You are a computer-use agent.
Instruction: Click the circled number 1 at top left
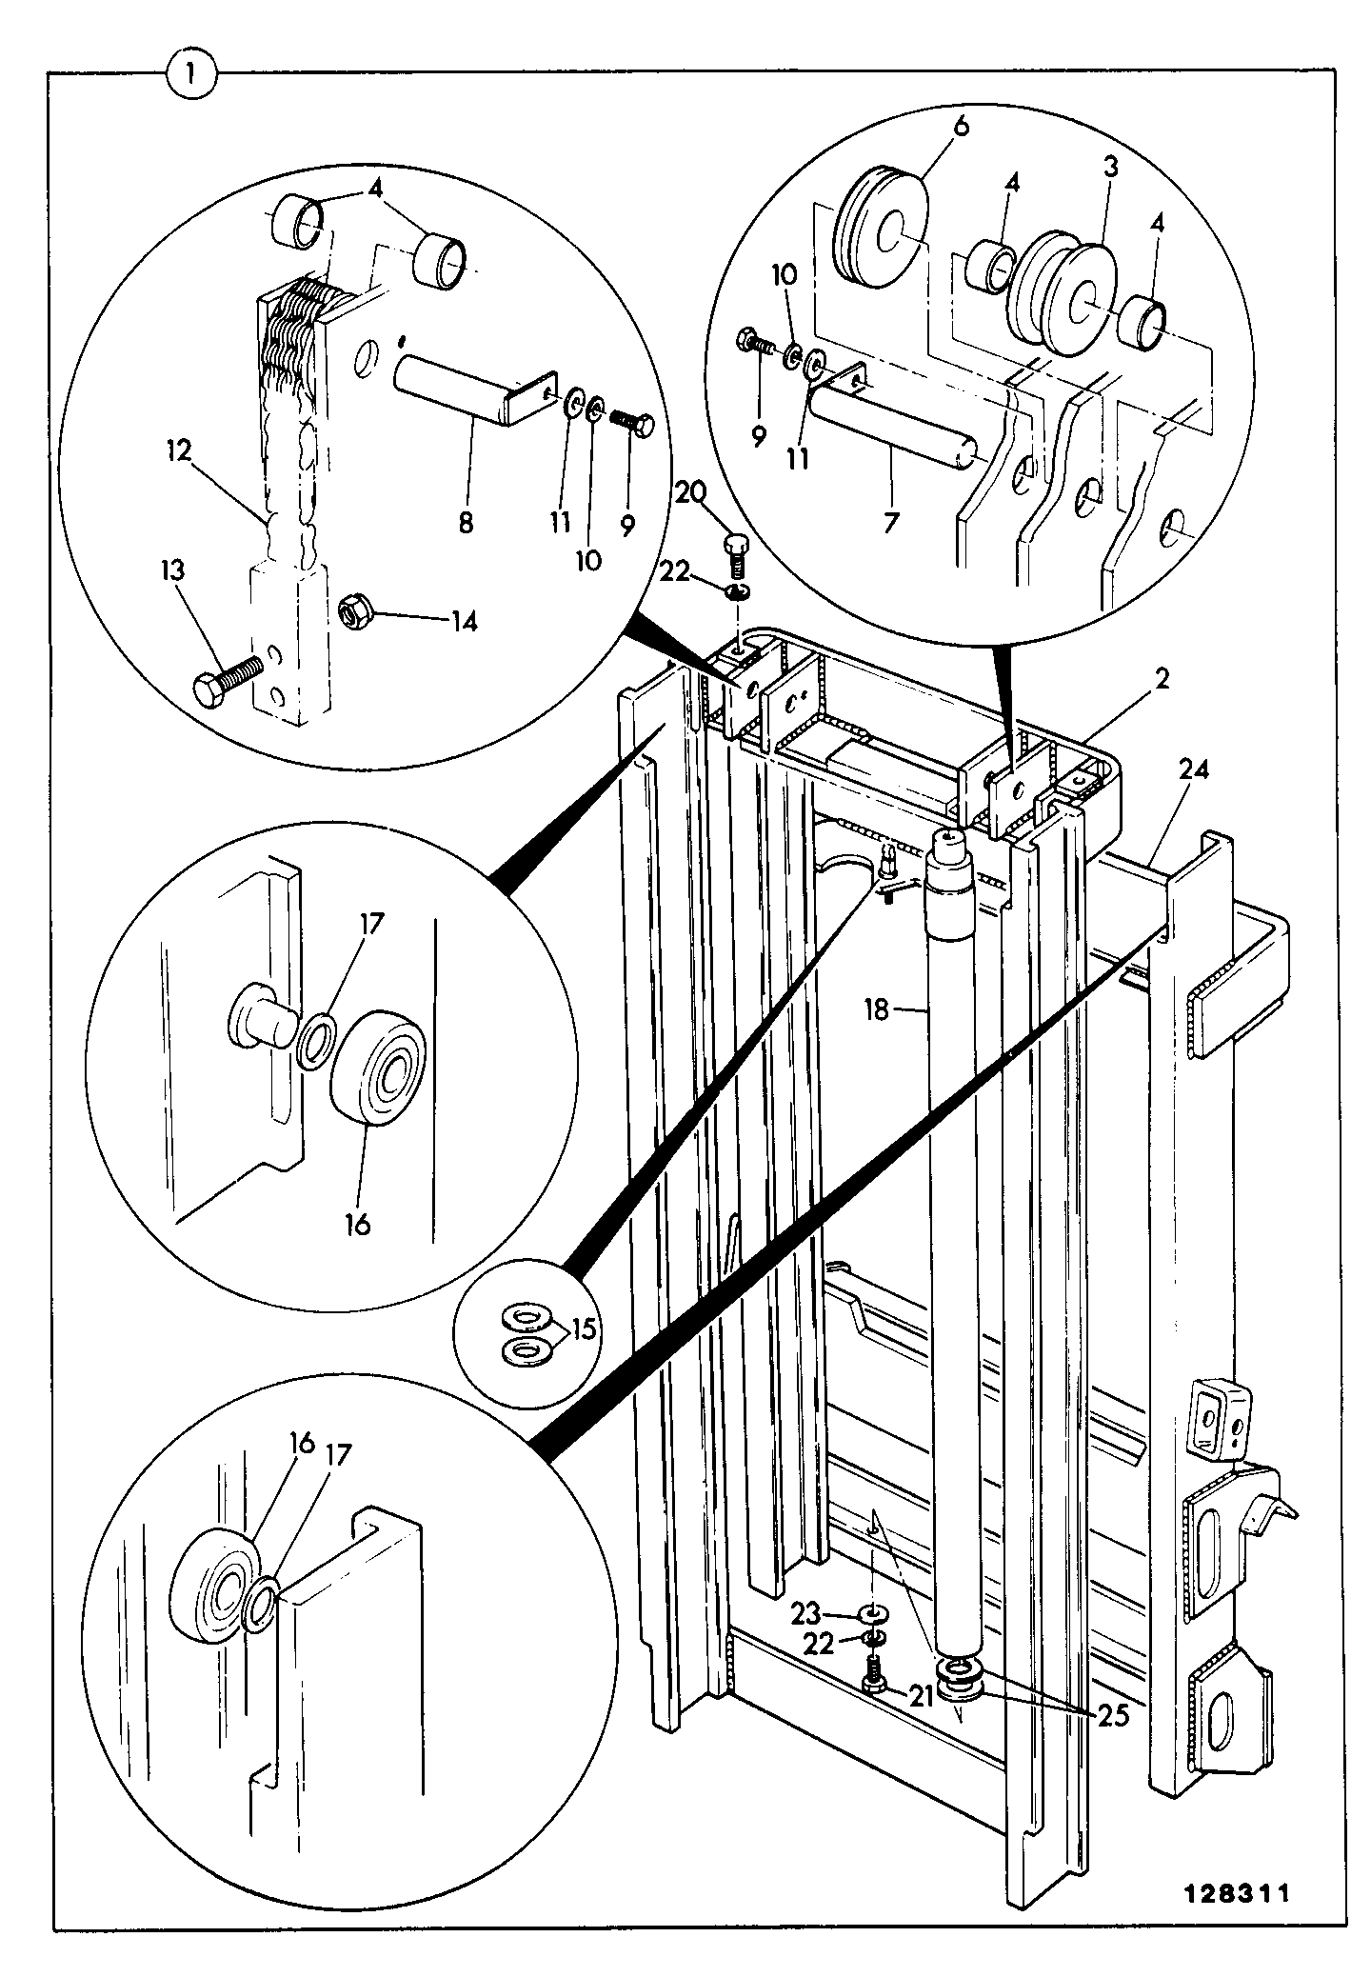tap(192, 73)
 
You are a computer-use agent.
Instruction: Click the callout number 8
tap(467, 523)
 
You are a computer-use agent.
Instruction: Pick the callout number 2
tap(1162, 679)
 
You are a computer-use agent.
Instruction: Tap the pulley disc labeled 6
tap(880, 227)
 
